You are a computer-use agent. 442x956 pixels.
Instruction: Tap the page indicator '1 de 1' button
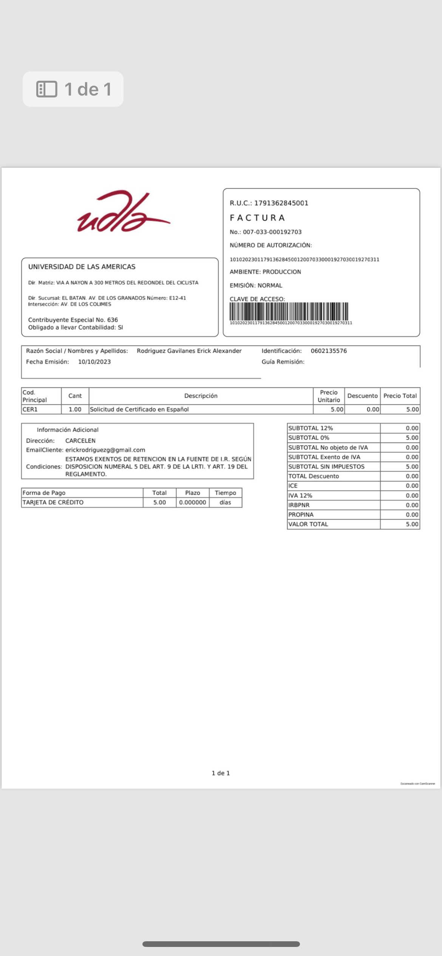point(73,89)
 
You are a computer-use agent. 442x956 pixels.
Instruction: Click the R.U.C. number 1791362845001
point(281,203)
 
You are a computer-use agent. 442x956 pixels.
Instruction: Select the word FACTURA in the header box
point(257,218)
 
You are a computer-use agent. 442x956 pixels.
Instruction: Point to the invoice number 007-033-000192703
point(272,232)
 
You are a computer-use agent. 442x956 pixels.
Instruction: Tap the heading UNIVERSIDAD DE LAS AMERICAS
point(82,267)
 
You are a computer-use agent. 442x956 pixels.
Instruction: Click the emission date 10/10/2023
point(94,362)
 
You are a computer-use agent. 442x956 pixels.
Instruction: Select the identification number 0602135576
point(329,351)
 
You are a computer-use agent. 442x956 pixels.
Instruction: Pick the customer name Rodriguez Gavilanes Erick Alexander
point(189,351)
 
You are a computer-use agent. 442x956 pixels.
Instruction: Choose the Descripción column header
point(201,396)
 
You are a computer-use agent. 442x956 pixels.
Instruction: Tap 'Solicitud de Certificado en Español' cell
point(139,409)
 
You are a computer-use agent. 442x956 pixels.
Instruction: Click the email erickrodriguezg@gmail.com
point(105,450)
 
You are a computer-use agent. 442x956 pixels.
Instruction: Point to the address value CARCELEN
point(80,441)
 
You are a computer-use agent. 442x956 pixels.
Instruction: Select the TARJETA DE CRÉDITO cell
point(53,502)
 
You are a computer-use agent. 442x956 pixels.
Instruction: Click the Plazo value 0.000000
point(192,502)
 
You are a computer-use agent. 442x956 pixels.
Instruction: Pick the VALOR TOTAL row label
point(308,524)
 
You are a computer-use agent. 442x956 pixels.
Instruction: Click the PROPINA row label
point(301,515)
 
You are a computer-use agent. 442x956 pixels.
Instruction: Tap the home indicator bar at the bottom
point(221,944)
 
